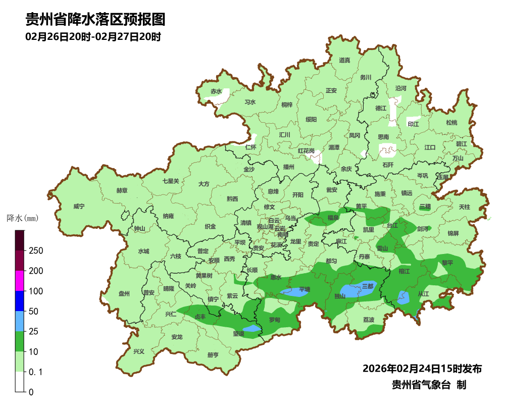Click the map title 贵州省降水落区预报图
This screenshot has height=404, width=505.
click(95, 20)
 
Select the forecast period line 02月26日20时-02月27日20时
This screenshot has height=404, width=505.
click(93, 37)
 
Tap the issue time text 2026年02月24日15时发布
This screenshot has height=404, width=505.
click(422, 368)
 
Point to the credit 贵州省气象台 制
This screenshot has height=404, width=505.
click(429, 384)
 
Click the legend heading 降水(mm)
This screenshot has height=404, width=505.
click(22, 218)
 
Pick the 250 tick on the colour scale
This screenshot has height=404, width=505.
click(36, 251)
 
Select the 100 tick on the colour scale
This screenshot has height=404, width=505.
click(36, 291)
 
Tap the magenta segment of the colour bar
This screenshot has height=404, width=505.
click(20, 281)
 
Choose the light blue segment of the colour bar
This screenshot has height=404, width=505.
click(20, 321)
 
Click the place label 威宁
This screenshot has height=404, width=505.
click(79, 207)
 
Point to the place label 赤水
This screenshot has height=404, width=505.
click(216, 91)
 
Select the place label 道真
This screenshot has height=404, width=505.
click(344, 61)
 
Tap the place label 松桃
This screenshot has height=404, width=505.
click(451, 123)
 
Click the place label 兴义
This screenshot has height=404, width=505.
click(138, 351)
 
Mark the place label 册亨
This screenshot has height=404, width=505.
click(213, 355)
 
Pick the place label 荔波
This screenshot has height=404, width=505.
click(369, 320)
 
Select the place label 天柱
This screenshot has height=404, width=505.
click(464, 207)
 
